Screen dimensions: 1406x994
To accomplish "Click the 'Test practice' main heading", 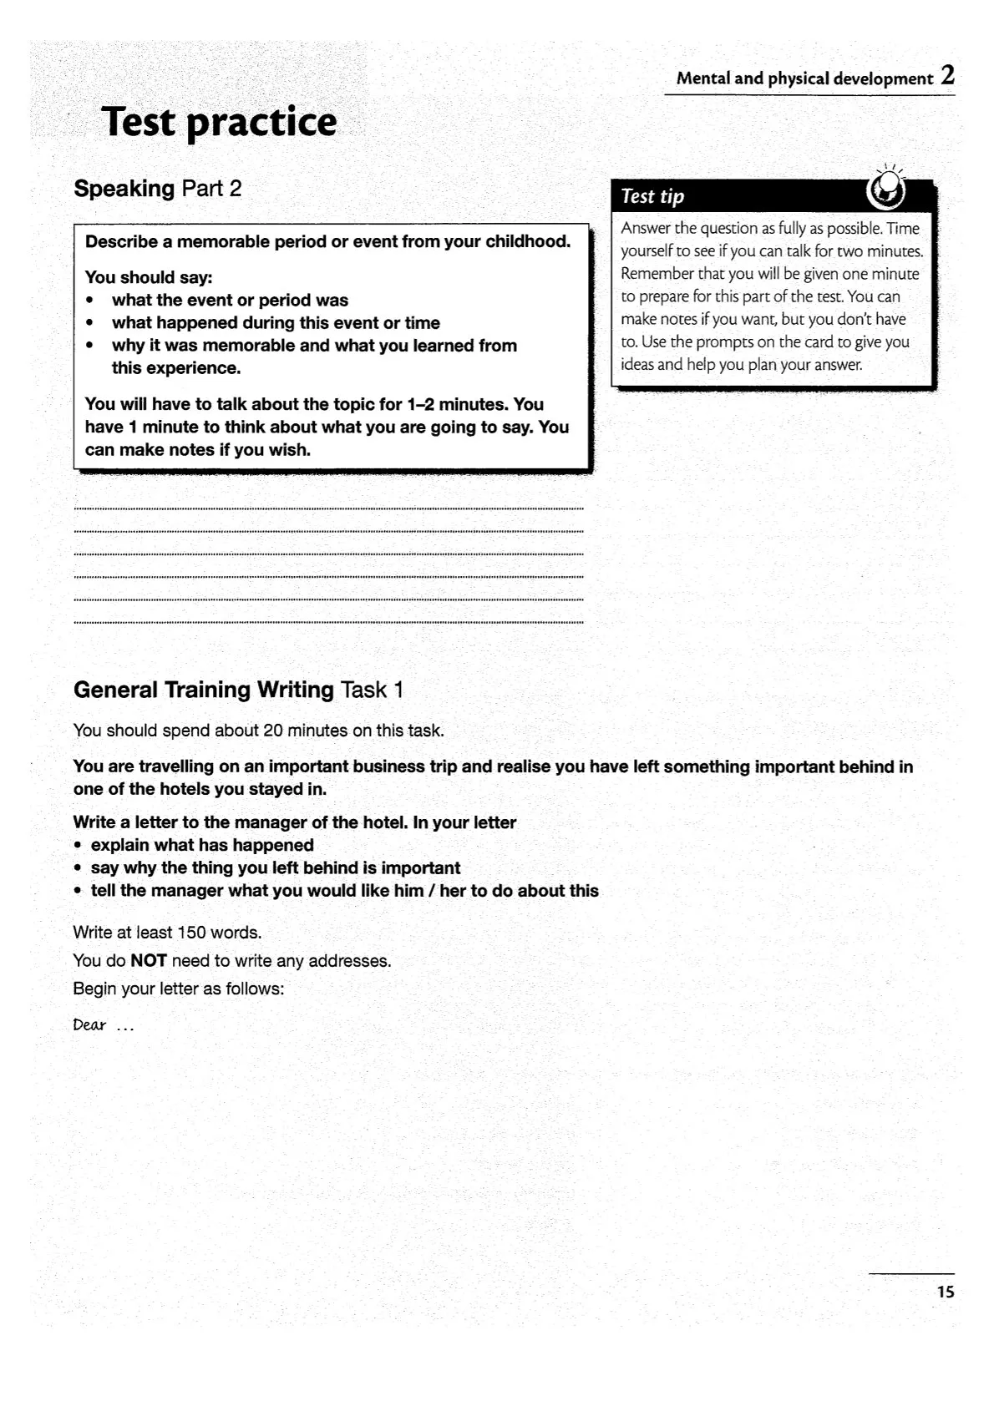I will point(219,123).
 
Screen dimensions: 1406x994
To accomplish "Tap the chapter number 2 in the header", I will point(947,76).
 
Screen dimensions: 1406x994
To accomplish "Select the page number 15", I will point(946,1292).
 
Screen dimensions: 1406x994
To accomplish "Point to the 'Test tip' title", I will point(652,196).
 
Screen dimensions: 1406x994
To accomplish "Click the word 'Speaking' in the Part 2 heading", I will point(124,189).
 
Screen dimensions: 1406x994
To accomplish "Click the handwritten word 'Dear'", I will point(89,1024).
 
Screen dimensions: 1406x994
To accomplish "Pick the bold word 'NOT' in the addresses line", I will point(149,961).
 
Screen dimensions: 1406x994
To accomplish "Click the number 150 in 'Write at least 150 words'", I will point(191,933).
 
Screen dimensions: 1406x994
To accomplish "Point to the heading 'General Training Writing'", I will point(203,690).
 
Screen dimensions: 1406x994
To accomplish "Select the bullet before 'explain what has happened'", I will point(78,846).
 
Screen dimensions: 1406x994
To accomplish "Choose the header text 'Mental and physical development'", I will point(804,79).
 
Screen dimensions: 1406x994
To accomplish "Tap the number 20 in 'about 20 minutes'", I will point(273,731).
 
